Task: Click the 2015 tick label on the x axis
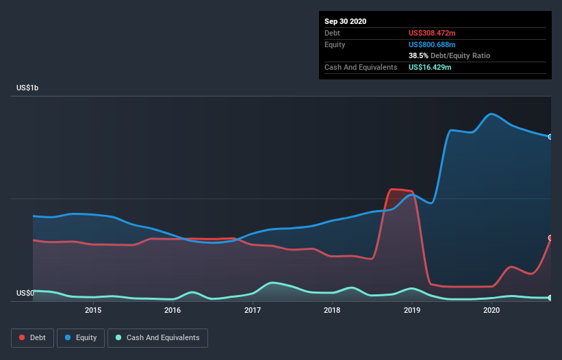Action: coord(93,310)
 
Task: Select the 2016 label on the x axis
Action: coord(173,310)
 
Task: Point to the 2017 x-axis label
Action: coord(253,310)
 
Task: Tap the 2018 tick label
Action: coord(332,310)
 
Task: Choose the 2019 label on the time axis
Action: coord(412,310)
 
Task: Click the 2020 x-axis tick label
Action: coord(491,310)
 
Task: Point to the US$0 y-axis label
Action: coord(25,294)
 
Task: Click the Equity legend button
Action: coord(80,337)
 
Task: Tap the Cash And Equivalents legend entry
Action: coord(157,337)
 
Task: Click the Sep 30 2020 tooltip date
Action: coord(345,21)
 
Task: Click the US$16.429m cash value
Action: coord(430,67)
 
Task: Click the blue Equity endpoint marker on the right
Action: coord(550,137)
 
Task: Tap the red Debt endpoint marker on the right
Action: coord(550,238)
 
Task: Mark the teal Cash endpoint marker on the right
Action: coord(550,298)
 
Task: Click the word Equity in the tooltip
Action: coord(335,44)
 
